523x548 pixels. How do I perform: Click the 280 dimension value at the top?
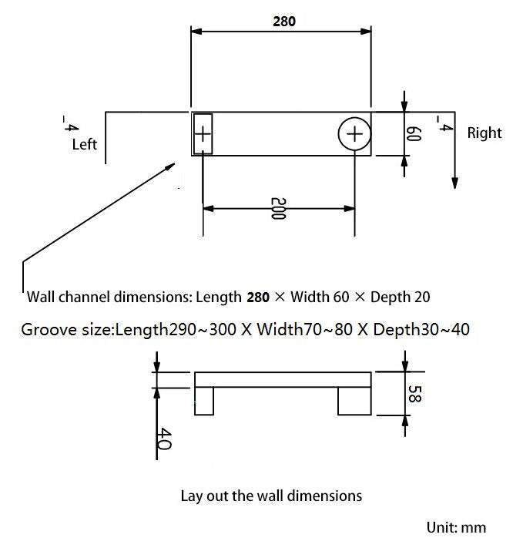tap(284, 22)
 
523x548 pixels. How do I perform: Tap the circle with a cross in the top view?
tap(354, 135)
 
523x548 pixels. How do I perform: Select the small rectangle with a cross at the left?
tap(203, 134)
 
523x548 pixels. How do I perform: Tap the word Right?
tap(484, 133)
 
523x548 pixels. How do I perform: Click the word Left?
tap(85, 144)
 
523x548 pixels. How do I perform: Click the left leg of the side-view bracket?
tap(204, 402)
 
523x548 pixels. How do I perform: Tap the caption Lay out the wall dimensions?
tap(271, 495)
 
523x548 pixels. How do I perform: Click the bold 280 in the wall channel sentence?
tap(257, 297)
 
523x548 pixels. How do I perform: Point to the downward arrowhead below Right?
tap(455, 183)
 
